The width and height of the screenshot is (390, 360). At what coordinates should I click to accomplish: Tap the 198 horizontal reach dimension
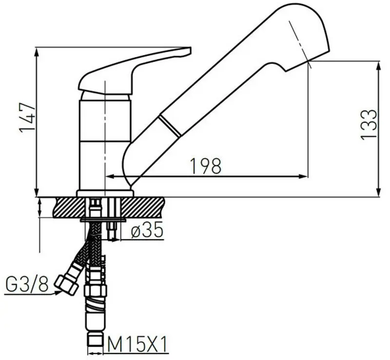tap(205, 166)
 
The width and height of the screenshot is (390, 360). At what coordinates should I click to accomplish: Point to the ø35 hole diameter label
tap(147, 229)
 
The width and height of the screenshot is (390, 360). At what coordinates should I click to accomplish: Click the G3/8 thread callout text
tap(27, 284)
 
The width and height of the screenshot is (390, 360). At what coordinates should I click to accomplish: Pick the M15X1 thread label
tap(137, 344)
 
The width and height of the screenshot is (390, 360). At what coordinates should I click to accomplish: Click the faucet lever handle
tap(135, 71)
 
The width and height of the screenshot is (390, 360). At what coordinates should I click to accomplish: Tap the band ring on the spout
tap(170, 126)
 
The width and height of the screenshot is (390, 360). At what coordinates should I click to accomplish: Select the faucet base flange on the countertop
tap(105, 193)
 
